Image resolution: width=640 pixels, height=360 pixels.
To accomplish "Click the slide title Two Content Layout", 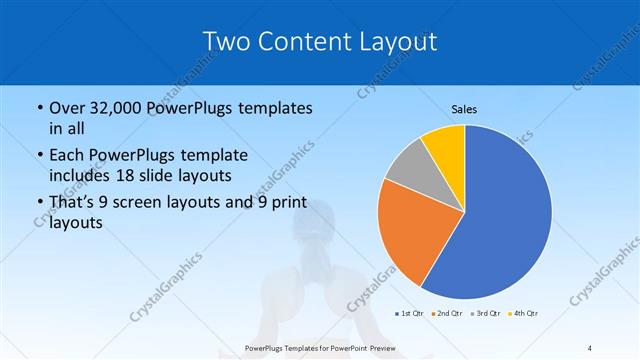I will point(319,41).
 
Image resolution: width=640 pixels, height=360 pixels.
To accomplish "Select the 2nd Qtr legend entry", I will point(445,313).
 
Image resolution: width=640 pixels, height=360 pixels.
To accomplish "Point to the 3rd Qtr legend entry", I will point(484,313).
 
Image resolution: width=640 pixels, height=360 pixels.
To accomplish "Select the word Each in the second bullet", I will point(69,155).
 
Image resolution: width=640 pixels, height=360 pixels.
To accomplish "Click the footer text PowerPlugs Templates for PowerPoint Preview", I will point(319,347).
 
